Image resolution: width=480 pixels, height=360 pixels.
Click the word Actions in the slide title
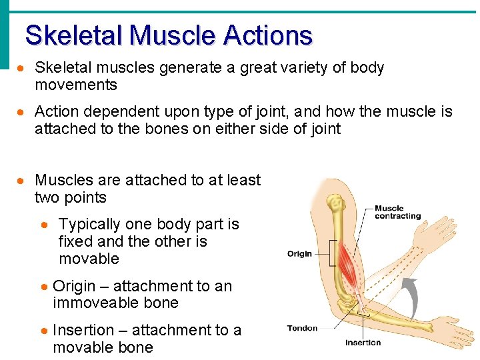pos(269,35)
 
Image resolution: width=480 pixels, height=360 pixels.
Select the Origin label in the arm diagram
pos(299,254)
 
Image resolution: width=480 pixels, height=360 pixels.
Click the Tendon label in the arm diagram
pos(302,328)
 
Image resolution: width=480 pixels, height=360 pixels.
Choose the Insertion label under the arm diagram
pos(363,343)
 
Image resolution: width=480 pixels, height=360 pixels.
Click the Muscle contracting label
pos(397,212)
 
